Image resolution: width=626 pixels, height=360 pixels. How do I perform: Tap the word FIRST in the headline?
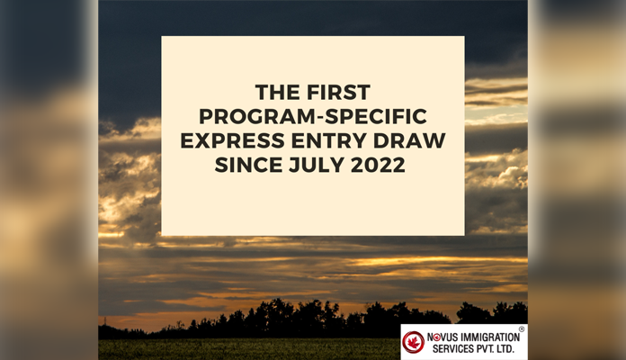pos(338,93)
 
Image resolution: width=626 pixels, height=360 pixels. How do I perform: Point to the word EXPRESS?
pos(232,140)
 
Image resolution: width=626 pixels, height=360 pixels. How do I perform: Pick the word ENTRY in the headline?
pos(328,140)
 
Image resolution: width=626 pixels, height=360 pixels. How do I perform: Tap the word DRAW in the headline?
pos(409,140)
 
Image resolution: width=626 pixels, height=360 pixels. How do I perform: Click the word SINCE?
pos(249,165)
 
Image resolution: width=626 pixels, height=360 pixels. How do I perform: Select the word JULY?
pos(317,165)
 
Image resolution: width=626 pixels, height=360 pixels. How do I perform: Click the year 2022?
pos(378,165)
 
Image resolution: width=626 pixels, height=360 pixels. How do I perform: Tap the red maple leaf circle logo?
pos(413,342)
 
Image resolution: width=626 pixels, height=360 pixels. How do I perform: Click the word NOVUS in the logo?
pos(443,337)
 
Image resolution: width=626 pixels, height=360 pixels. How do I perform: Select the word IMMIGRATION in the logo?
pos(490,337)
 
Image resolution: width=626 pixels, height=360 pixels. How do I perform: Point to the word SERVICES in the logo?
pos(453,349)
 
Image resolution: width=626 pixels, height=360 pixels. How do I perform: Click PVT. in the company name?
pos(485,349)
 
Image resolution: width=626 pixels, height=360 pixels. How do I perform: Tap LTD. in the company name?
pos(505,349)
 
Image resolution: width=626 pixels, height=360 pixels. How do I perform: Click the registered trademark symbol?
pos(522,328)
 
